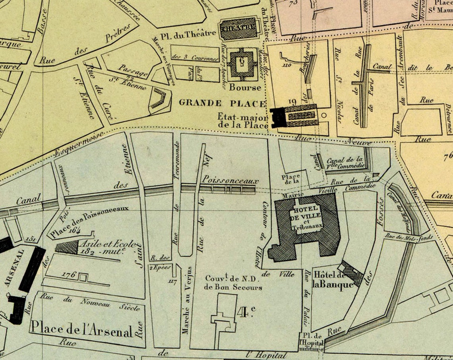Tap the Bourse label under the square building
point(245,87)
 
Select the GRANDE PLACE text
point(222,103)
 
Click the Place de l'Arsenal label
point(81,329)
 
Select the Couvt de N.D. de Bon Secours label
point(233,283)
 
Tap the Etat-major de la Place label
point(242,120)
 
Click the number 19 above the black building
point(293,102)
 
